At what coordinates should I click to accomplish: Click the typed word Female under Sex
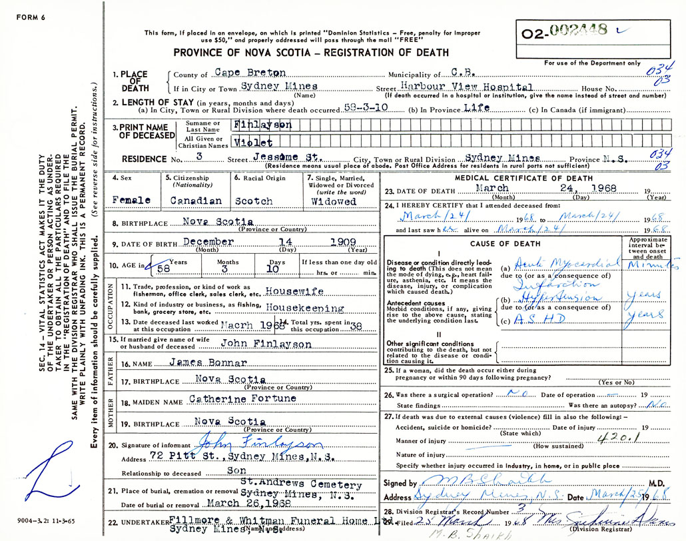pos(132,201)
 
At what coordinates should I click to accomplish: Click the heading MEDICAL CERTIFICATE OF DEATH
pos(523,179)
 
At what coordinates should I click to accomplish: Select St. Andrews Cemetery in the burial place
pos(301,486)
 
